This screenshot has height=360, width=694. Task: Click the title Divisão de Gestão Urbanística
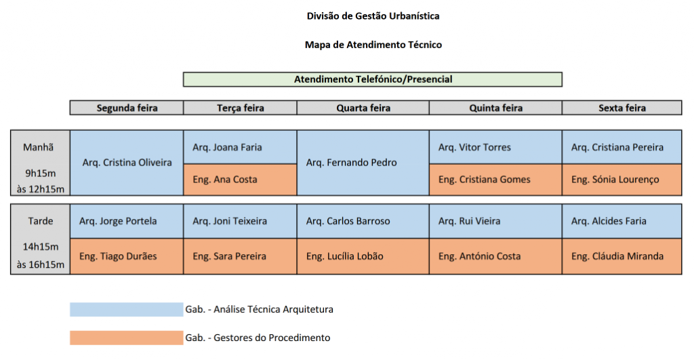coord(373,16)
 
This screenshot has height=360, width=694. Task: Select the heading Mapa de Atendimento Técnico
coord(373,45)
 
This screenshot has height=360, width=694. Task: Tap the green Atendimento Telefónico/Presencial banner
coord(373,79)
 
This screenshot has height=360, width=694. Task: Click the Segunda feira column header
coord(127,108)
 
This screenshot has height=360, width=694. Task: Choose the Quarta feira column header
coord(363,108)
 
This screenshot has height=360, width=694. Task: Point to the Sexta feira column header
coord(622,108)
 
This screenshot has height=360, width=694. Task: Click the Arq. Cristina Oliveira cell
coord(127,163)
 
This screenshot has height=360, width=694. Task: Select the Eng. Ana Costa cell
coord(240,180)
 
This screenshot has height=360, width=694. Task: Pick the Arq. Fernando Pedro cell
coord(363,163)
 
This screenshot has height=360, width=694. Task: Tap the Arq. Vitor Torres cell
coord(495,147)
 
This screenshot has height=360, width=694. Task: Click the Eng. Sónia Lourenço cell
coord(622,180)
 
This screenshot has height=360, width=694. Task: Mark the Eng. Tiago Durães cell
coord(127,256)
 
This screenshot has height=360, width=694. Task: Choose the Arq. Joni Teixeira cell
coord(240,221)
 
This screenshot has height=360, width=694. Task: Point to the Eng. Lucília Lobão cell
coord(363,256)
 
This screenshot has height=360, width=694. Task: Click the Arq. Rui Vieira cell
coord(495,221)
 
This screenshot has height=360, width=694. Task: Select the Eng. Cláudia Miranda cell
coord(622,256)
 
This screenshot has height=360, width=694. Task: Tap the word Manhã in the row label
coord(39,147)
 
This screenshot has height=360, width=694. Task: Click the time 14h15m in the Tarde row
coord(41,247)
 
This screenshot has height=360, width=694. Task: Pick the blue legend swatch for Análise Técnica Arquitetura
coord(127,310)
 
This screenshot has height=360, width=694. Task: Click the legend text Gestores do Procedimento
coord(272,338)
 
